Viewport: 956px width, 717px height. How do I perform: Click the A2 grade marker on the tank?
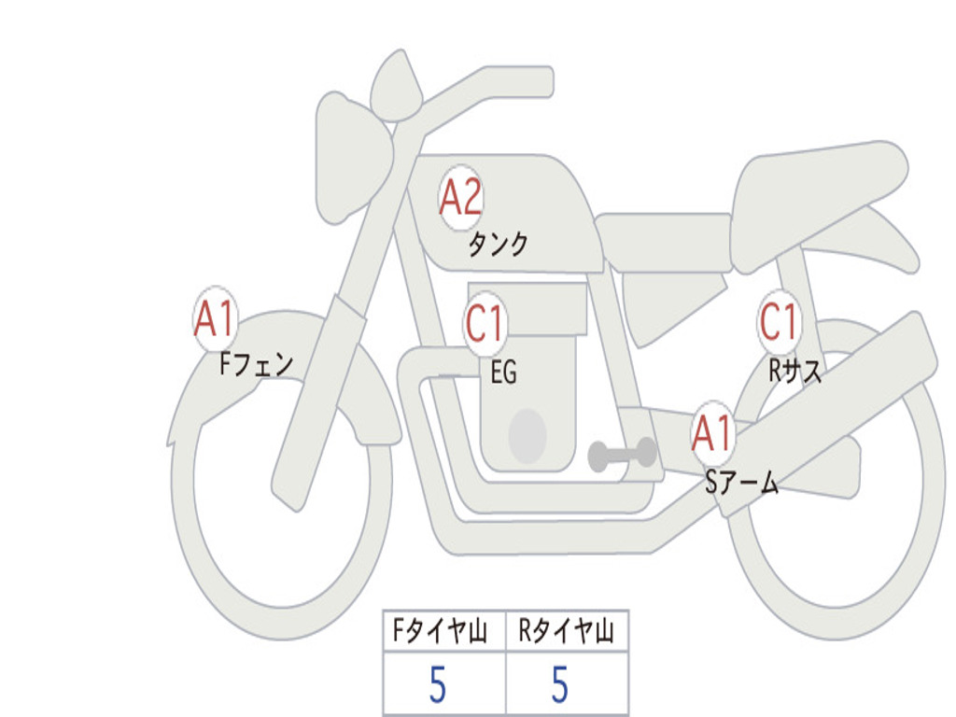(x=460, y=198)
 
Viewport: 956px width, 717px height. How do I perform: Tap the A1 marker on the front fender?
(x=215, y=318)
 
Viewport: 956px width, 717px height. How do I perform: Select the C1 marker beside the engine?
(x=485, y=323)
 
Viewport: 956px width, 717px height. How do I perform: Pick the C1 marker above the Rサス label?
(x=779, y=321)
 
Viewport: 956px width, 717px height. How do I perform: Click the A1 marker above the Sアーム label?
(x=711, y=434)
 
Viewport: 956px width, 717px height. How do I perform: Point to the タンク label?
(x=498, y=245)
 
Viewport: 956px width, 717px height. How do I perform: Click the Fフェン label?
(x=256, y=365)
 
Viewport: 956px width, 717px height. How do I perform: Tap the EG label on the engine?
(x=503, y=372)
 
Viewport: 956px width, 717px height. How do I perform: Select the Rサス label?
(x=794, y=370)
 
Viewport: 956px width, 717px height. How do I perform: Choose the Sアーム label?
(x=741, y=483)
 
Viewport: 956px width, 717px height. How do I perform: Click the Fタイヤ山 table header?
(x=440, y=630)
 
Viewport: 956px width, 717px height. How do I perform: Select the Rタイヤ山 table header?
(x=565, y=630)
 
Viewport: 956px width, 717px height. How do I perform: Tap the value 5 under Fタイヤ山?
(x=438, y=684)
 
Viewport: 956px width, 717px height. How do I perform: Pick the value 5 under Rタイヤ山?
(x=560, y=684)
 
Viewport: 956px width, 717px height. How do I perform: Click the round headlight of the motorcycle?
(x=354, y=159)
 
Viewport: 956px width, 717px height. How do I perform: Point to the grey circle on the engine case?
(x=527, y=436)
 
